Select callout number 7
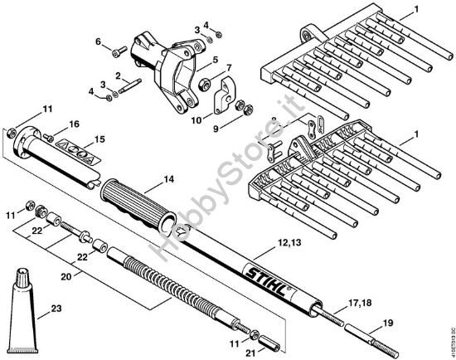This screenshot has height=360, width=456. click(230, 66)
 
